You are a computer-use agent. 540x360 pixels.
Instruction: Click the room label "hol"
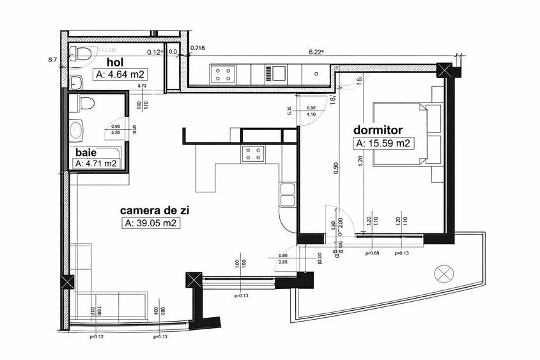pyautogui.click(x=114, y=62)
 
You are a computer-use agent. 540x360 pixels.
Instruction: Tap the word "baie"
pyautogui.click(x=86, y=153)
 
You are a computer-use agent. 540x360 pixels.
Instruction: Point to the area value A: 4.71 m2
pyautogui.click(x=96, y=164)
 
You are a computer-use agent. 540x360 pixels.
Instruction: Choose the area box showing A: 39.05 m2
pyautogui.click(x=150, y=223)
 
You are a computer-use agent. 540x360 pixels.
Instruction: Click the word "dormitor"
pyautogui.click(x=378, y=130)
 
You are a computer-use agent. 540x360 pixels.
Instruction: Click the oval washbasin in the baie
pyautogui.click(x=77, y=129)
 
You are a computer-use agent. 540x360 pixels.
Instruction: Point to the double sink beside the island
pyautogui.click(x=288, y=195)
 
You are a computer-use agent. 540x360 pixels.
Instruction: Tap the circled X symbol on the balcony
pyautogui.click(x=442, y=274)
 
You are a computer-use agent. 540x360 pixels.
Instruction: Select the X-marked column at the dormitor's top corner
pyautogui.click(x=445, y=70)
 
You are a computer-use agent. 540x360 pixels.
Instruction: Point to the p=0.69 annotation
pyautogui.click(x=373, y=254)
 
